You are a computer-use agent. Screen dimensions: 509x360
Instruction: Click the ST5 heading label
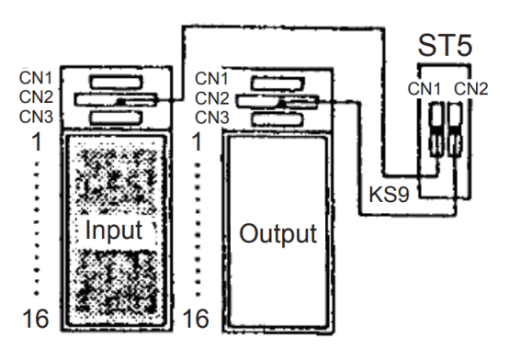click(x=445, y=45)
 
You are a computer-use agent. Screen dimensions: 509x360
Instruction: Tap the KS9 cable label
click(x=389, y=195)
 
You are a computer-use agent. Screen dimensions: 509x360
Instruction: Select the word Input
click(x=114, y=231)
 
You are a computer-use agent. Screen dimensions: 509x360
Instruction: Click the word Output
click(x=277, y=233)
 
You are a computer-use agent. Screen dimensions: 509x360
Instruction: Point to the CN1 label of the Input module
click(x=36, y=78)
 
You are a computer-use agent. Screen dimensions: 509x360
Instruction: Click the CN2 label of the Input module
click(x=36, y=96)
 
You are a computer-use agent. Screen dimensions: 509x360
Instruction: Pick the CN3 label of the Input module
click(x=36, y=117)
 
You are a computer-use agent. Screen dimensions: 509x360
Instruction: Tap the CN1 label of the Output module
click(x=211, y=79)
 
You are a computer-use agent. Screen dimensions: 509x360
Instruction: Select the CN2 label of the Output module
click(x=212, y=98)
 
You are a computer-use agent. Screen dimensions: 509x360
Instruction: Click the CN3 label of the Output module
click(x=212, y=118)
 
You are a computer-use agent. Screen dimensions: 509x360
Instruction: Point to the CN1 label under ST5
click(x=424, y=89)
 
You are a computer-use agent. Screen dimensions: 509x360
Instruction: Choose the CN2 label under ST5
click(x=471, y=89)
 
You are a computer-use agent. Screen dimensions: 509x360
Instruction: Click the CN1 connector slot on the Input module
click(x=116, y=82)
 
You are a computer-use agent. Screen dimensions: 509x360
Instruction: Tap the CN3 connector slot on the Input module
click(x=116, y=118)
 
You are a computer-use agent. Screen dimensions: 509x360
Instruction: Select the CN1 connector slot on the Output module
click(x=277, y=84)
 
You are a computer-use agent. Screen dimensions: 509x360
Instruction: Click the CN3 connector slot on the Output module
click(x=277, y=119)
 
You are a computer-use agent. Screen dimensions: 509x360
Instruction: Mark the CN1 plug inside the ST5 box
click(x=436, y=129)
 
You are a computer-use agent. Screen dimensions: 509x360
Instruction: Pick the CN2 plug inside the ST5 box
click(x=455, y=129)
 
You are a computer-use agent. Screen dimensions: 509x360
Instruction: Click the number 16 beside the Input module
click(x=36, y=319)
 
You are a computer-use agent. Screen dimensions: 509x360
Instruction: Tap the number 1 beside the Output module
click(x=197, y=141)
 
